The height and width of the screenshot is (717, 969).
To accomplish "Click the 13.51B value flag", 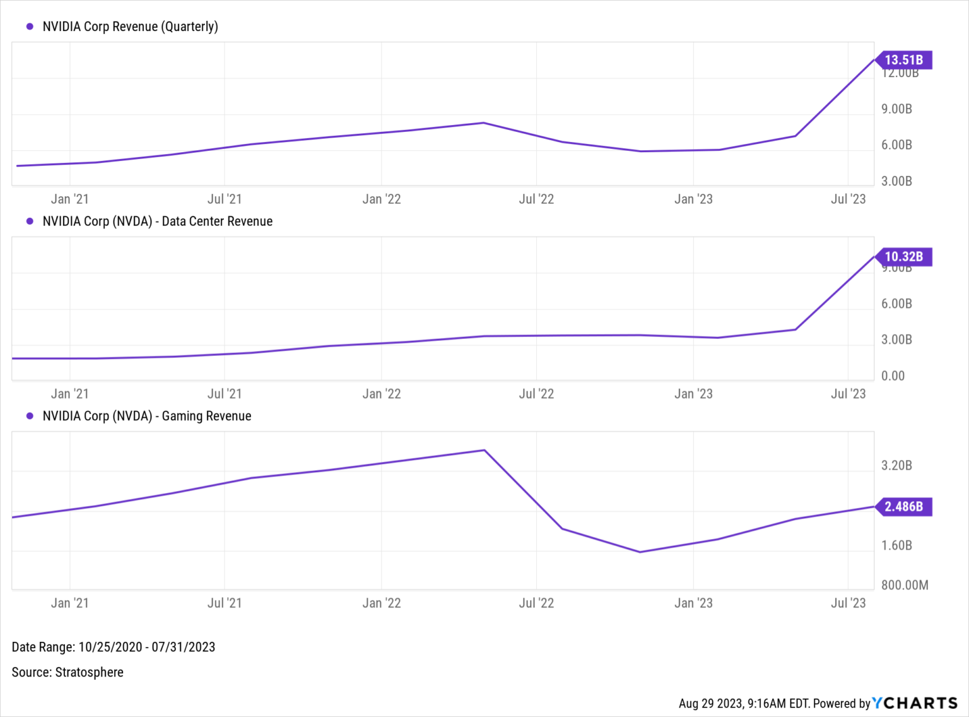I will (903, 60).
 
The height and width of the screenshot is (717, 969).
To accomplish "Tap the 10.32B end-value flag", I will (903, 257).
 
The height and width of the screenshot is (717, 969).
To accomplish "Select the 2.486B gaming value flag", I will (903, 507).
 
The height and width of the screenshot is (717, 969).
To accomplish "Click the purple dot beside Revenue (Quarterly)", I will (30, 27).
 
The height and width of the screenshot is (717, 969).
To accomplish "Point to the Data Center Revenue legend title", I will (157, 222).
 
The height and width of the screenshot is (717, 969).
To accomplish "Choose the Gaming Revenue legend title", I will (146, 416).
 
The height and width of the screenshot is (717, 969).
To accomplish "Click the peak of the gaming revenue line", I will (484, 450).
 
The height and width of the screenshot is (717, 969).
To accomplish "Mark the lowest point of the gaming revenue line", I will (640, 552).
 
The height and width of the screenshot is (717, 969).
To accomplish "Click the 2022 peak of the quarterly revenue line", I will (484, 122).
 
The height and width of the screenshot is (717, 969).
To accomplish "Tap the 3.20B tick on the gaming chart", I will (896, 466).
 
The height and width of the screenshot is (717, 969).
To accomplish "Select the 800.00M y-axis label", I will (905, 585).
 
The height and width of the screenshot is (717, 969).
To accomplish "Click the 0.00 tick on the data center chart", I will (893, 376).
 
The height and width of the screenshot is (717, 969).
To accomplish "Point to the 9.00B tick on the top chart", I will (896, 109).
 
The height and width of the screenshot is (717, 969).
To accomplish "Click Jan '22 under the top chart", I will (382, 199).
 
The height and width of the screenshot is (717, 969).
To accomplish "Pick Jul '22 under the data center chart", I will (536, 394).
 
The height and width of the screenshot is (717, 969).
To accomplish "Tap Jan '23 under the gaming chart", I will (693, 603).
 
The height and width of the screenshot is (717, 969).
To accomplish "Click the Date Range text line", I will (114, 647).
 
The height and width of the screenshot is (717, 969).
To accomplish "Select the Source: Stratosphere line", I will (68, 672).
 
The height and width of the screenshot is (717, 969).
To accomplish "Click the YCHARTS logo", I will (915, 703).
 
